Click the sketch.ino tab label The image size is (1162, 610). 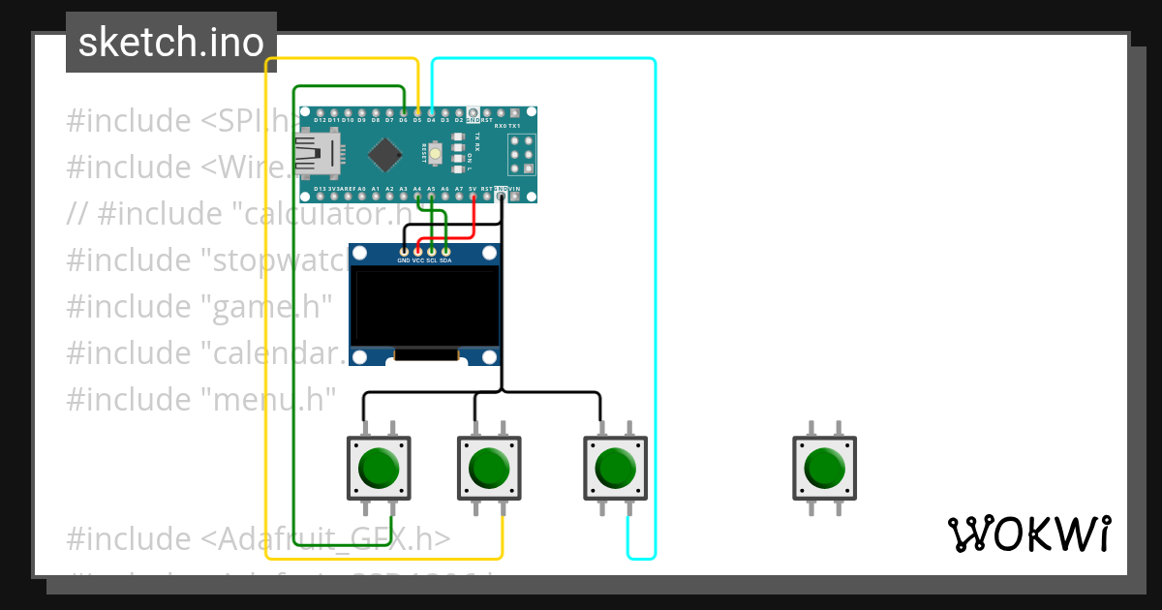tap(171, 43)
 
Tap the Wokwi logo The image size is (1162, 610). tap(1028, 534)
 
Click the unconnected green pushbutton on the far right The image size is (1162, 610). tap(824, 468)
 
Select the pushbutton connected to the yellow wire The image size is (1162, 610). tap(489, 468)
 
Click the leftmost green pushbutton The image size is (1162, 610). tap(379, 468)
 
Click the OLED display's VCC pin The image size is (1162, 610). tap(417, 252)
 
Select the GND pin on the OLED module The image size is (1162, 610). tap(404, 252)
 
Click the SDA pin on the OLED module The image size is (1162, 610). tap(445, 252)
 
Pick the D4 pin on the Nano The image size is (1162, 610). tap(431, 112)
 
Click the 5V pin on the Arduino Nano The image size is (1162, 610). tap(473, 197)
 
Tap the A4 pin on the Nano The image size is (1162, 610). tap(417, 197)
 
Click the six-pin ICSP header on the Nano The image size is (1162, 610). tap(523, 154)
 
